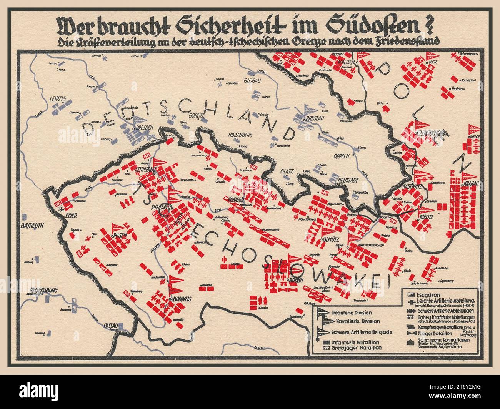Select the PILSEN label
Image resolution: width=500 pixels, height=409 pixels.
click(x=119, y=235)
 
